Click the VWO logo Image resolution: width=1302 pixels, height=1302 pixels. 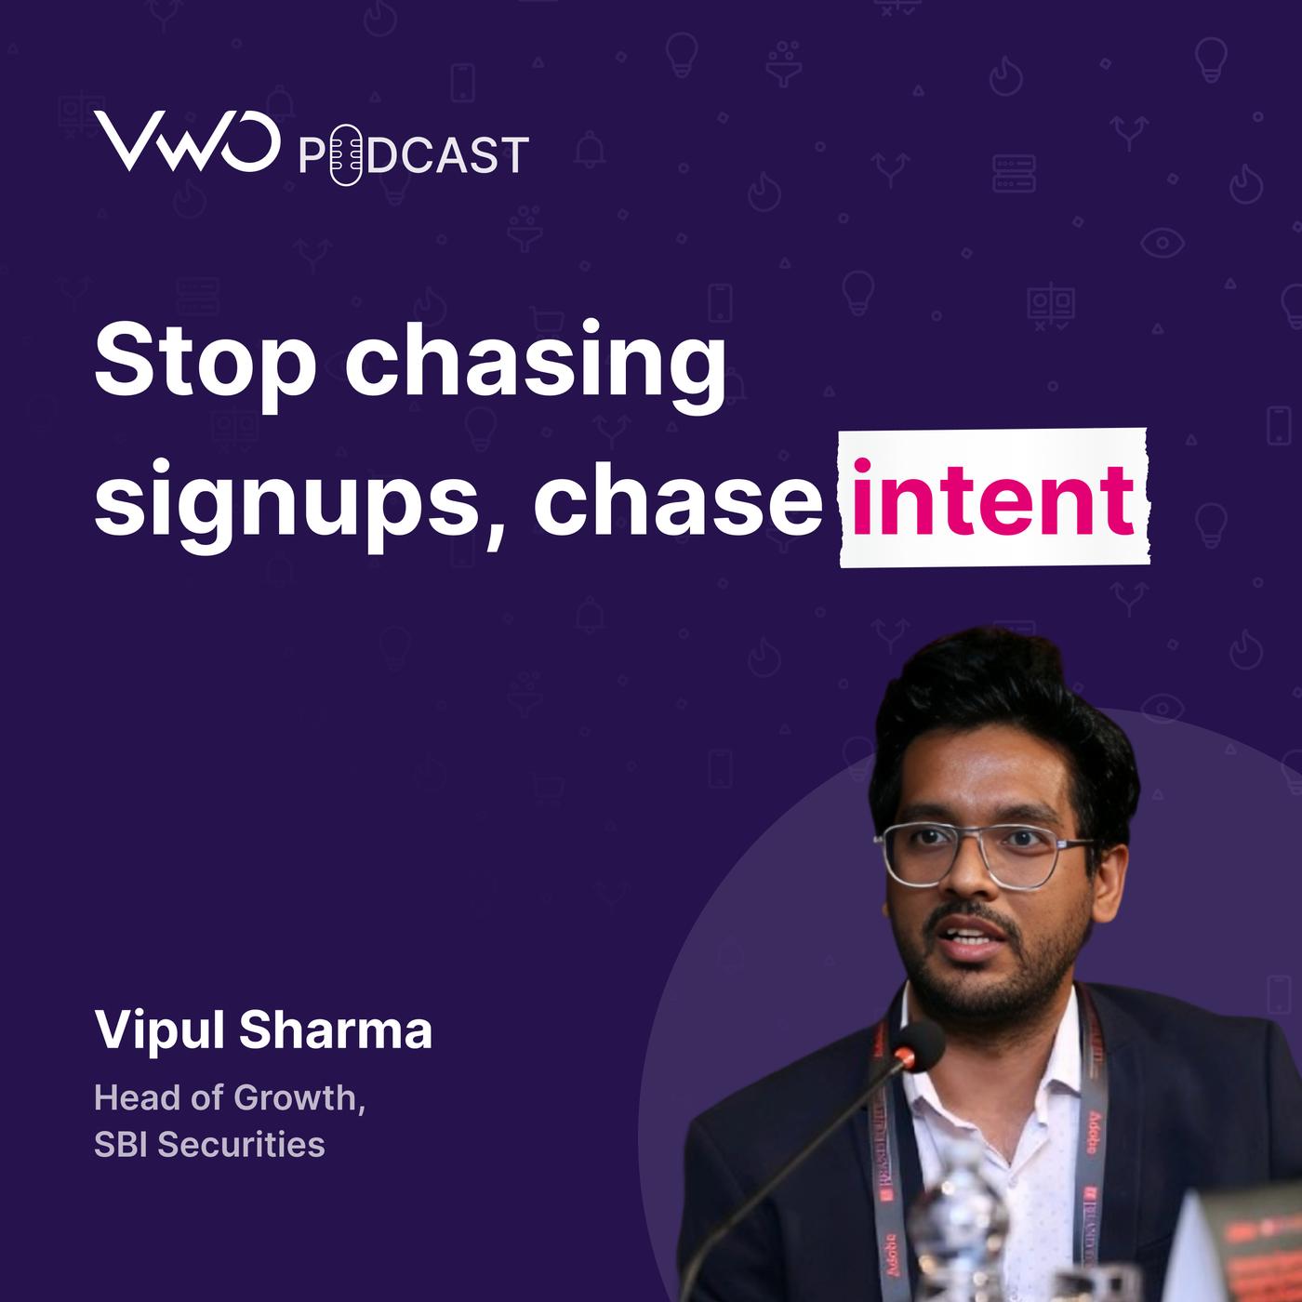pos(187,140)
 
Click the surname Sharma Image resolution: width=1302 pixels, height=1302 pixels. pos(335,1029)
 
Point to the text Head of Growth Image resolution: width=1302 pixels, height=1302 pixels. pos(230,1097)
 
